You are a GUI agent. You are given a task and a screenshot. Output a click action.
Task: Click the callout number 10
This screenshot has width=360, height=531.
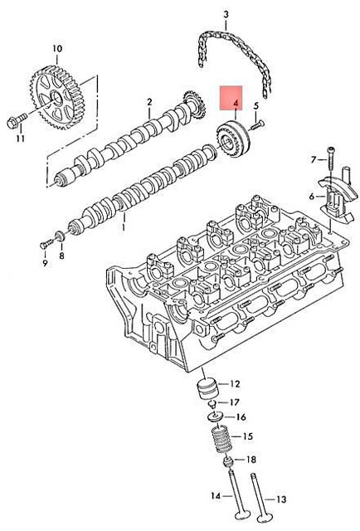(x=57, y=49)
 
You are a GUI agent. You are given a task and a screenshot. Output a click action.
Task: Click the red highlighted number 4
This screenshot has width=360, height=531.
(x=236, y=105)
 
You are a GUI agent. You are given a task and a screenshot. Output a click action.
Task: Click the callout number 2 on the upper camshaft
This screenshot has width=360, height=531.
(x=149, y=103)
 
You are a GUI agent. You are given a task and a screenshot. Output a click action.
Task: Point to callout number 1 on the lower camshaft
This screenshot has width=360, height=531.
(x=124, y=223)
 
